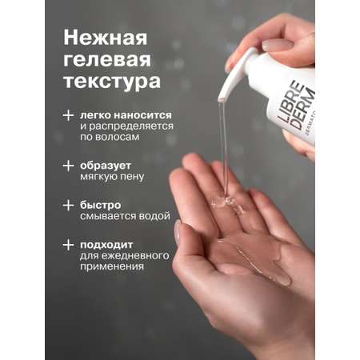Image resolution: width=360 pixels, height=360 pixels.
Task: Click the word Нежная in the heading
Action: pos(106,38)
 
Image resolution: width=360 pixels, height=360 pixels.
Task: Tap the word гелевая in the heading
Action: pos(107,60)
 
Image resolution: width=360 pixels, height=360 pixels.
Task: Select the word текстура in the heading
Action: pos(112,81)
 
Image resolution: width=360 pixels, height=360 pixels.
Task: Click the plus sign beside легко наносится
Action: pos(68,115)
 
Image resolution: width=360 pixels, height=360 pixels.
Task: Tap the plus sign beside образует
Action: pos(68,166)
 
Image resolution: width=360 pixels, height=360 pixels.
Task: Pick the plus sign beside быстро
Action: pos(68,206)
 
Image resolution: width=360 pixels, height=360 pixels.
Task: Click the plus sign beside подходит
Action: pos(68,245)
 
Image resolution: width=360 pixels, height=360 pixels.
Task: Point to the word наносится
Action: pos(142,115)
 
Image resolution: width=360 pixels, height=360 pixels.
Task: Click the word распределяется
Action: pos(131,126)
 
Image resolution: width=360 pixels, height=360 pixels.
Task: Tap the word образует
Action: pos(106,166)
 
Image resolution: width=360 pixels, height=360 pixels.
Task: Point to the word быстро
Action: pos(101,205)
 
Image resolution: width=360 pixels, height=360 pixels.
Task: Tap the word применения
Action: pos(112,266)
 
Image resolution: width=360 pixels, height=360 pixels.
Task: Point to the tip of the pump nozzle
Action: pos(222,100)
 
